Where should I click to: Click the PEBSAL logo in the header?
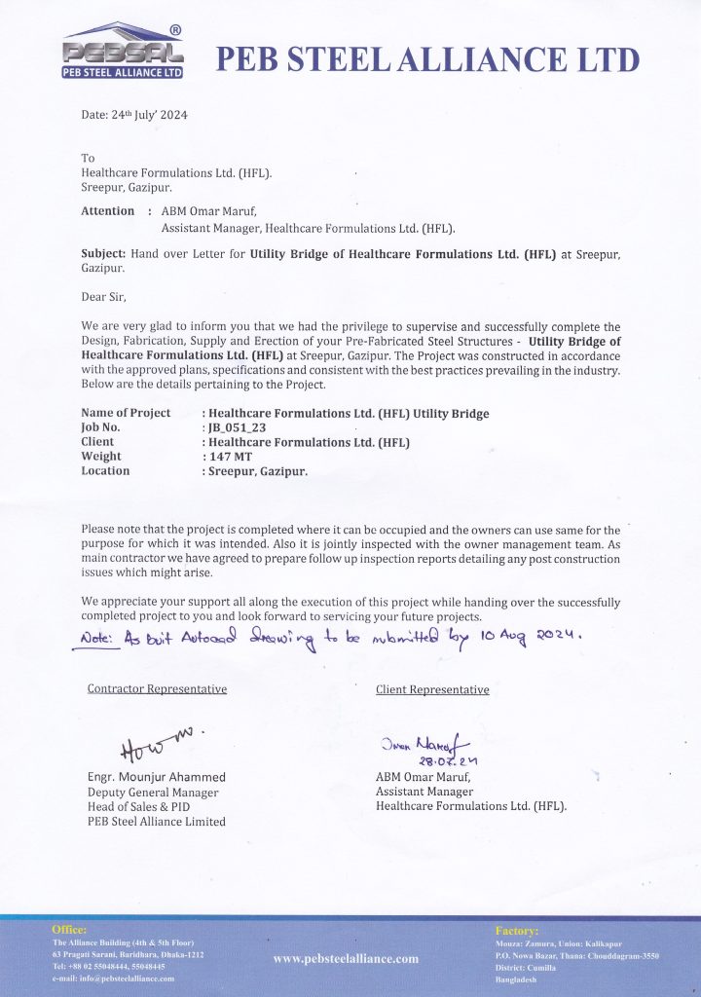tap(122, 54)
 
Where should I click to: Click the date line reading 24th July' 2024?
tap(134, 115)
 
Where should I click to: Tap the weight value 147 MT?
tap(226, 457)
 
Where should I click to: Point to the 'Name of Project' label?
tap(126, 413)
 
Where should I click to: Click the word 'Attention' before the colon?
tap(108, 211)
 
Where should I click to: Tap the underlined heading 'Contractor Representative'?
tap(157, 689)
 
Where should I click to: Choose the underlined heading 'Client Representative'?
tap(432, 689)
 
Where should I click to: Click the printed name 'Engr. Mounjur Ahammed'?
tap(157, 777)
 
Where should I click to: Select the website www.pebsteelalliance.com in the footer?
tap(346, 959)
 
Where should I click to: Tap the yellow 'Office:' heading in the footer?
tap(69, 931)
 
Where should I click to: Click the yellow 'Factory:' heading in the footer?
tap(516, 931)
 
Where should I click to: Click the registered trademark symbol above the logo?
tap(175, 30)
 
